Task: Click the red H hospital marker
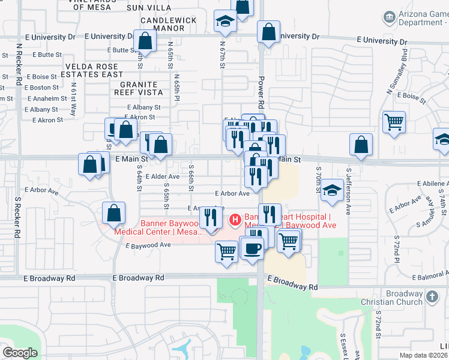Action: (x=235, y=221)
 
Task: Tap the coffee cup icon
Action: (x=252, y=247)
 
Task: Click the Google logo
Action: (x=20, y=353)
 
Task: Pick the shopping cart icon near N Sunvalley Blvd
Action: (x=394, y=122)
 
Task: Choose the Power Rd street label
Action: (x=261, y=91)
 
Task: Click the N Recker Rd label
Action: (x=19, y=64)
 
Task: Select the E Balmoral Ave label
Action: (x=429, y=275)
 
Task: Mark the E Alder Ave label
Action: (x=162, y=176)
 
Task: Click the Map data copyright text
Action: (x=424, y=355)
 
